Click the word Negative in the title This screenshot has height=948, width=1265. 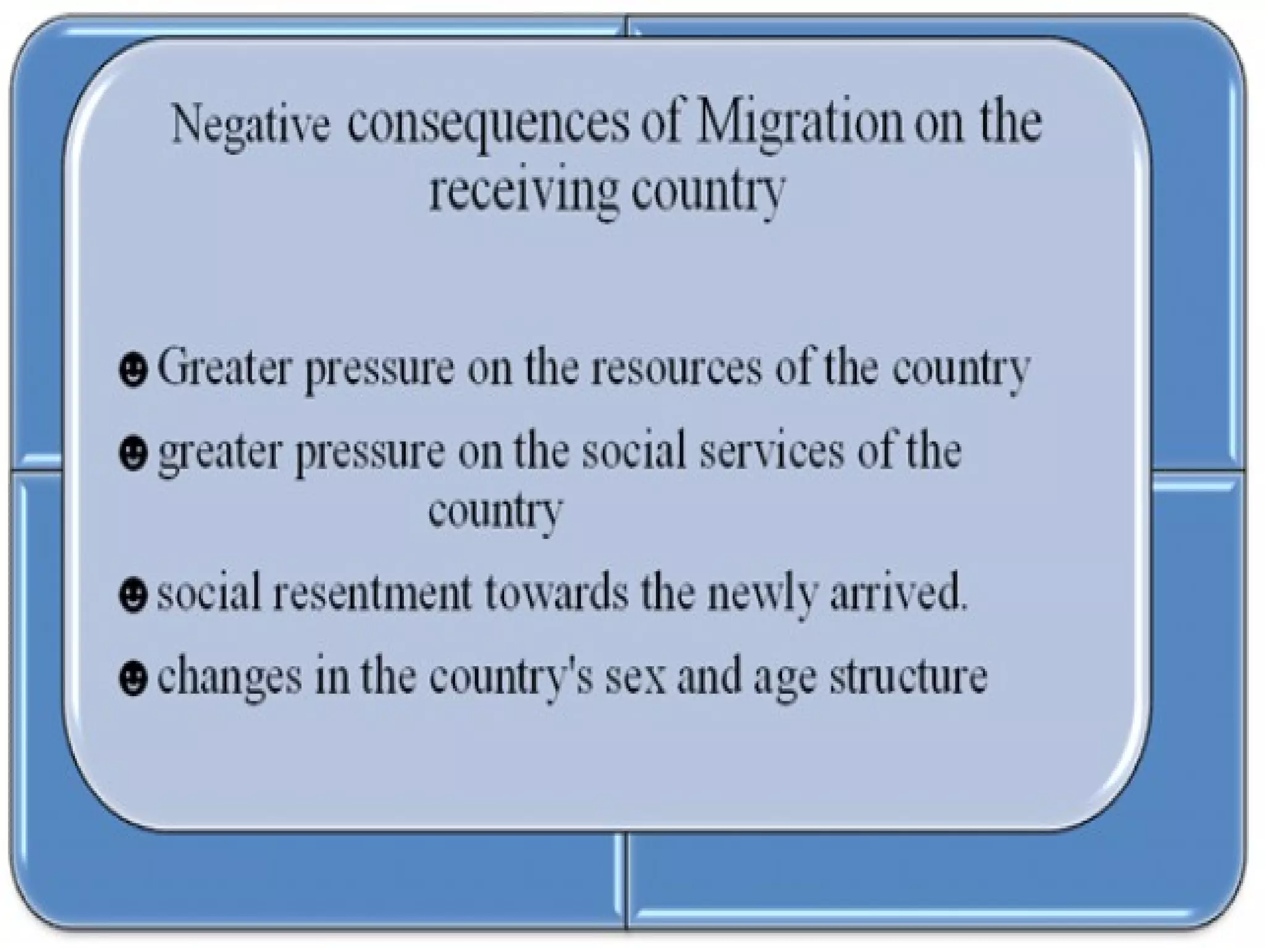pos(250,126)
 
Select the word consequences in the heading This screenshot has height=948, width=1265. pos(487,126)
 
